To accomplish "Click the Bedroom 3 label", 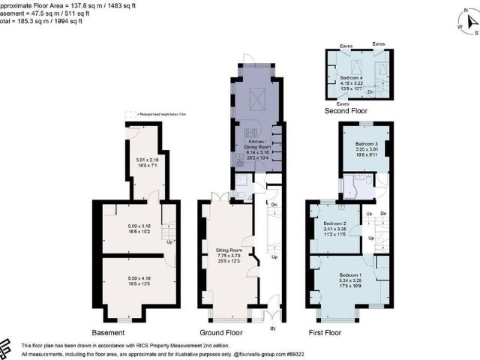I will click(365, 143).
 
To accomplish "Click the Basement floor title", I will click(107, 332).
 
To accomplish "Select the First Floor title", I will click(325, 332).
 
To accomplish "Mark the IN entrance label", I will click(273, 328).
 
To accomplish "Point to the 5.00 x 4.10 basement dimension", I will click(133, 281).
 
